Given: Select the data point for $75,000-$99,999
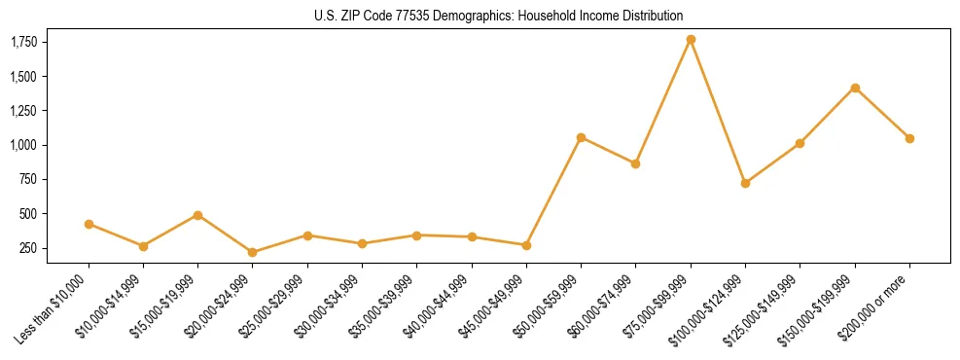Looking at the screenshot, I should click(x=691, y=40).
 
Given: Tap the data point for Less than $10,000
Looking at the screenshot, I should click(x=89, y=224).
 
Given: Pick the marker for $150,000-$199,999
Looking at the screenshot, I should click(x=855, y=88).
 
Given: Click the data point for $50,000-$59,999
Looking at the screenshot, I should click(x=581, y=137).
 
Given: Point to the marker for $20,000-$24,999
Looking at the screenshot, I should click(x=253, y=252).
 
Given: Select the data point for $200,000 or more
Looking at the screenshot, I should click(x=909, y=138).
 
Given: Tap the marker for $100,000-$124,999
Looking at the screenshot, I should click(x=745, y=183).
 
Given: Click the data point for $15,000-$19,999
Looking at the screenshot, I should click(x=198, y=215).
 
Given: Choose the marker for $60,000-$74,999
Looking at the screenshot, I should click(x=635, y=163).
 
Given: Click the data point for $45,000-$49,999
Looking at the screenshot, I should click(x=526, y=245).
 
